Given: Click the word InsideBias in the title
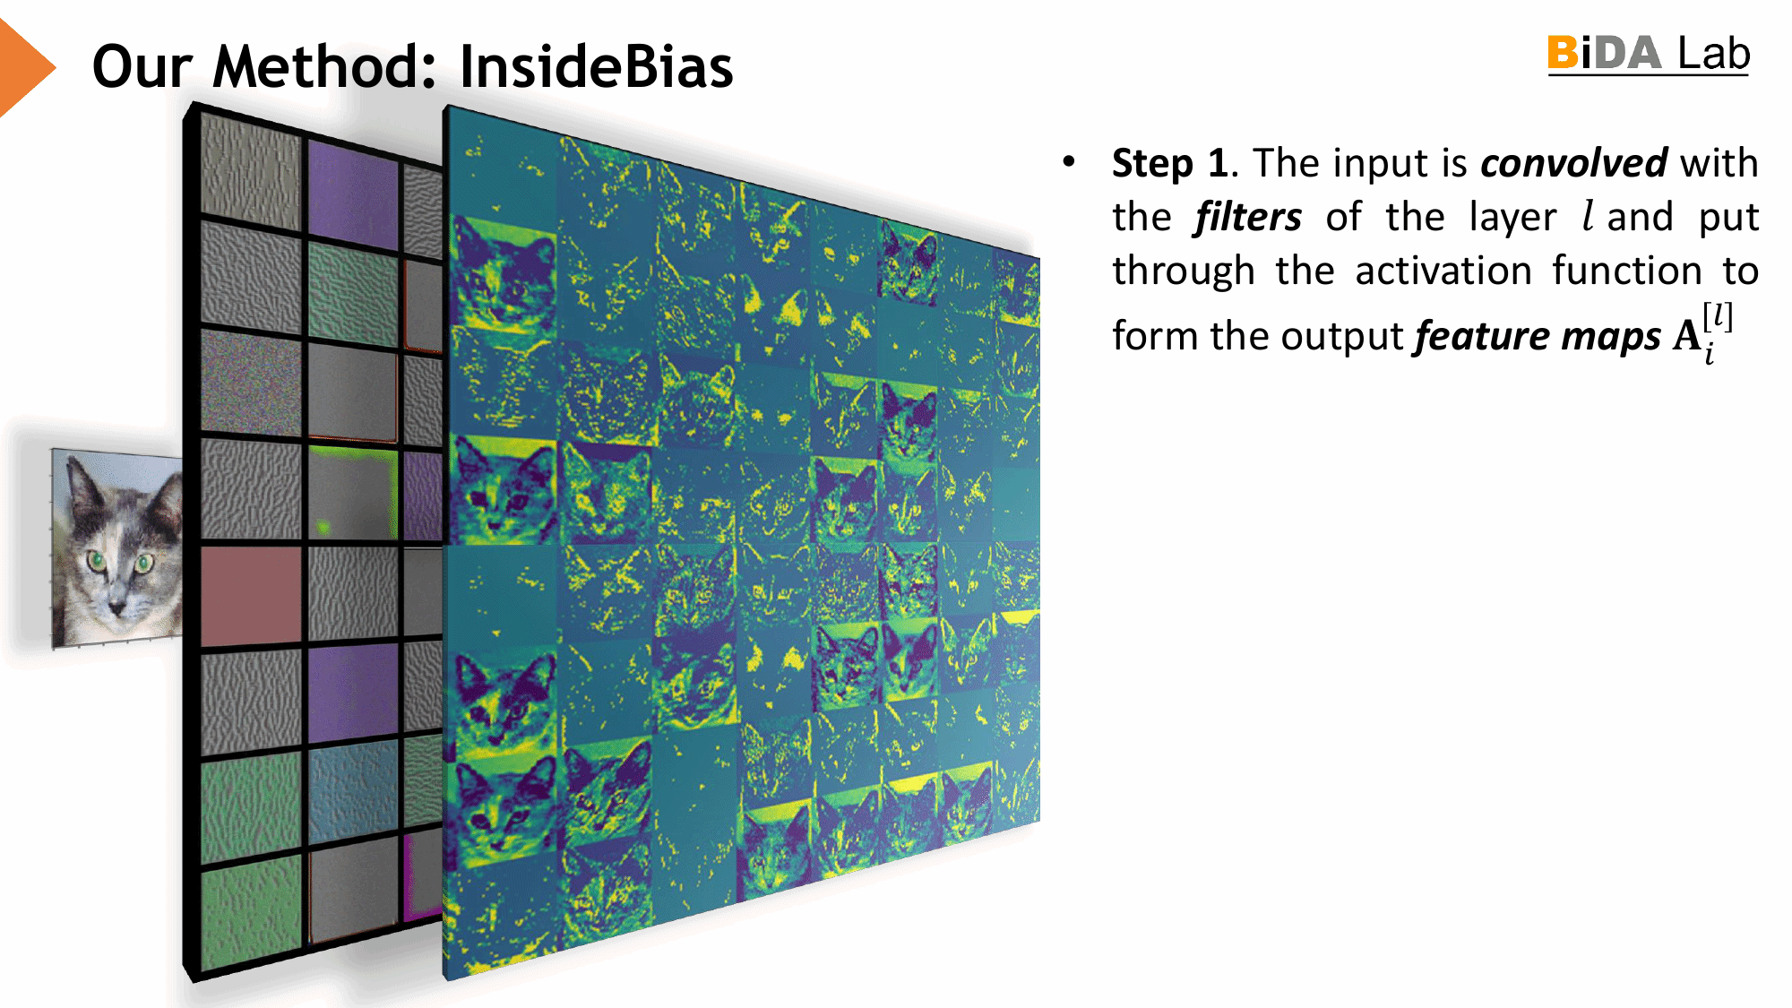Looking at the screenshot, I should pyautogui.click(x=596, y=67).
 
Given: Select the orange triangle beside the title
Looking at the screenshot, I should pyautogui.click(x=22, y=67).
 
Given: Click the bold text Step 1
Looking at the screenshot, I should pyautogui.click(x=1169, y=164).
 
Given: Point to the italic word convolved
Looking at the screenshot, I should pyautogui.click(x=1573, y=164).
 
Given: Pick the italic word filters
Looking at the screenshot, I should pyautogui.click(x=1247, y=218).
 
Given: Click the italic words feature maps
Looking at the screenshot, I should pyautogui.click(x=1538, y=337).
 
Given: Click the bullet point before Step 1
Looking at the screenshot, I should pyautogui.click(x=1068, y=162).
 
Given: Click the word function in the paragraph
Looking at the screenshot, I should pyautogui.click(x=1626, y=271).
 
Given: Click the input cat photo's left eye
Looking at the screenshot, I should pyautogui.click(x=97, y=562).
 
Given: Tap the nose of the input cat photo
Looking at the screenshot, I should pyautogui.click(x=117, y=607).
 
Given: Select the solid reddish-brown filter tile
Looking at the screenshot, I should pyautogui.click(x=251, y=595).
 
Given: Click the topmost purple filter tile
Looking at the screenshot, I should pyautogui.click(x=352, y=194).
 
